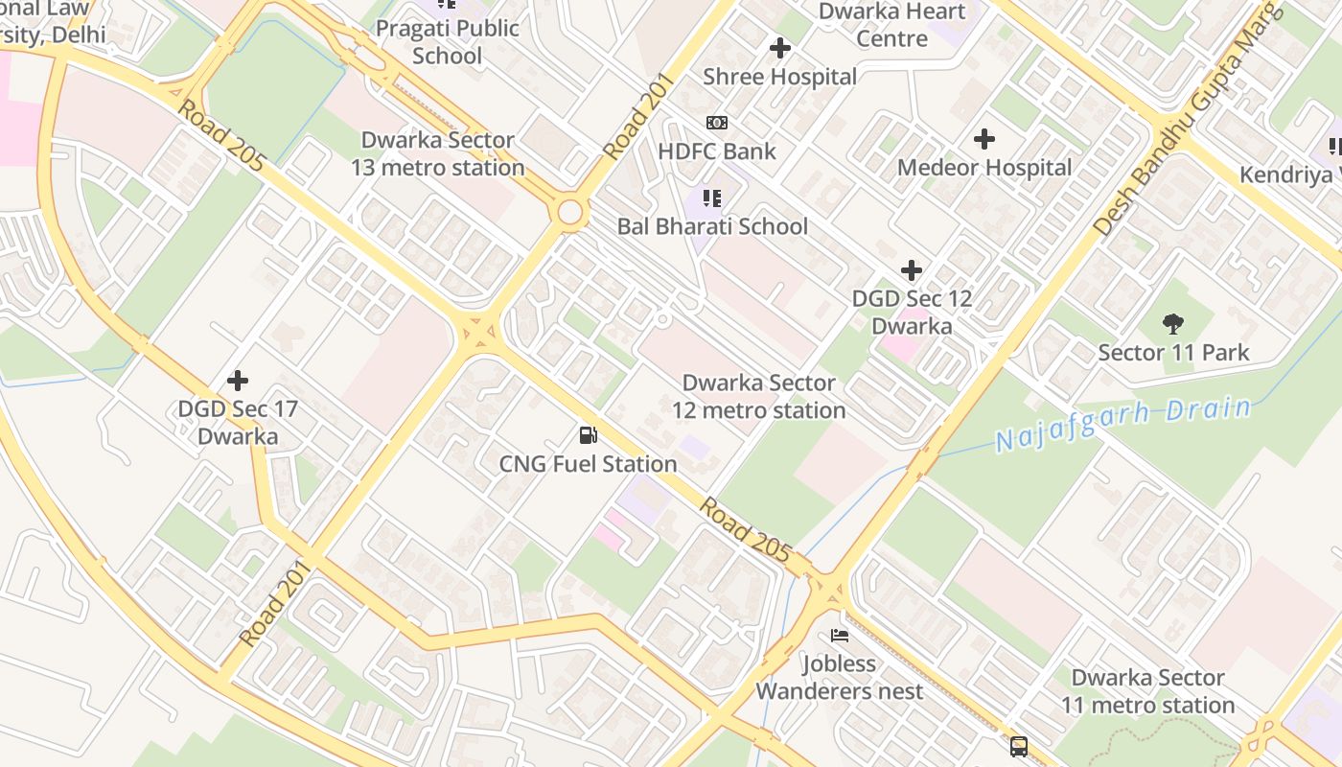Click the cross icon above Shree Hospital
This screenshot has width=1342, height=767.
pos(780,47)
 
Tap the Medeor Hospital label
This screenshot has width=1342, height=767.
pos(984,168)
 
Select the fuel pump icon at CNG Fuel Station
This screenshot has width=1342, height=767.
pos(588,435)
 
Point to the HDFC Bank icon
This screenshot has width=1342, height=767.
pos(716,123)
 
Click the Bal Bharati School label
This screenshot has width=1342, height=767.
pos(712,227)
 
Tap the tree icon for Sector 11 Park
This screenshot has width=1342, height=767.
pos(1172,324)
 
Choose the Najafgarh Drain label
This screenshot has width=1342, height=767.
pos(1123,424)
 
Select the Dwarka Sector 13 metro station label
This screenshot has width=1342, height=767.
pos(437,153)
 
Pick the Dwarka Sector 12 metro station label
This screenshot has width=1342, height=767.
pos(758,396)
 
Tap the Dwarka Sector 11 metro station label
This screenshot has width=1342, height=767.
pos(1147,691)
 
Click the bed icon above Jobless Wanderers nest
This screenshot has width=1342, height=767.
pos(840,635)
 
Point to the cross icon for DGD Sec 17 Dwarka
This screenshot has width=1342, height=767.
pos(238,381)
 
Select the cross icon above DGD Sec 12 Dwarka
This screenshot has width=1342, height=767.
pos(912,270)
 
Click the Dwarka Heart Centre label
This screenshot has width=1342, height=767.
pos(891,25)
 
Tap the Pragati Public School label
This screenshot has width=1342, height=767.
pos(447,41)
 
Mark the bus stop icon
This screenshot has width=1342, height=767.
pos(1018,746)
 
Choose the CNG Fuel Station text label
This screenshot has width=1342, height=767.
pos(588,464)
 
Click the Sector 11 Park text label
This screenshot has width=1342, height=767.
pos(1173,353)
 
